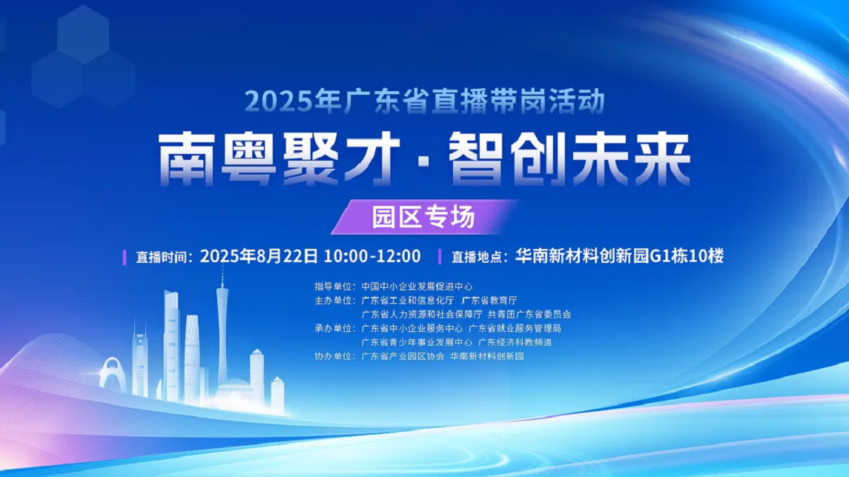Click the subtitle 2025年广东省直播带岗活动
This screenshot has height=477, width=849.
pos(424,101)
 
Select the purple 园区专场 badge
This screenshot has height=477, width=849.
pos(424,217)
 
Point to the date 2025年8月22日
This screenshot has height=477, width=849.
pos(259,256)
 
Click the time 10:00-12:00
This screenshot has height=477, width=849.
pos(372,256)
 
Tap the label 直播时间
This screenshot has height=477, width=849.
pos(161,257)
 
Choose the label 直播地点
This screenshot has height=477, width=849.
pos(477,257)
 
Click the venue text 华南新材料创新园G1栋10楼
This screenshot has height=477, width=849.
pos(619,256)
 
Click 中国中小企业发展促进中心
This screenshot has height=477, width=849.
pos(417,286)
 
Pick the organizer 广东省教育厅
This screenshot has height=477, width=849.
pos(489,300)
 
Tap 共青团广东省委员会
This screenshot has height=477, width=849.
pos(529,314)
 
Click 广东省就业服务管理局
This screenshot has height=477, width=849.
pos(515,328)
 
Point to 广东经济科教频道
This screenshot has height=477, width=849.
pos(515,342)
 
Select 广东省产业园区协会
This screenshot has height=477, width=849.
pos(403,356)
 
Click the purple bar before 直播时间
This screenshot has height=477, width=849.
pos(125,257)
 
